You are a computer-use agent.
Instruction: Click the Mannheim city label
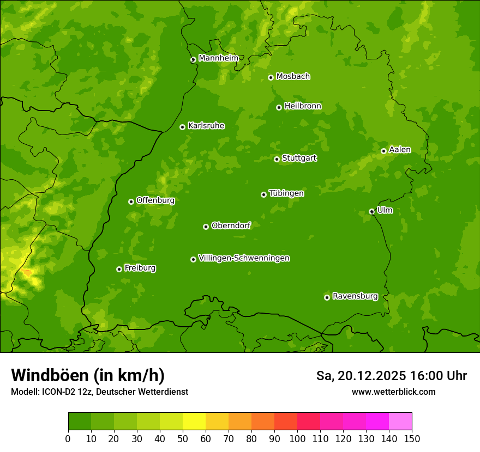click(x=218, y=58)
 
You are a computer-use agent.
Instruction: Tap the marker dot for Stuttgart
click(x=277, y=159)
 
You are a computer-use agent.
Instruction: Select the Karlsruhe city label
click(x=206, y=126)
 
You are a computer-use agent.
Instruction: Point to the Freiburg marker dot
click(x=119, y=269)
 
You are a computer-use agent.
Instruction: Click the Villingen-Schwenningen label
click(x=244, y=258)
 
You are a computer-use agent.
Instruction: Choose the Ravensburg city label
click(x=355, y=296)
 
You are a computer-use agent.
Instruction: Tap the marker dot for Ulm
click(x=371, y=211)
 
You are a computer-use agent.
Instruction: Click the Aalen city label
click(x=400, y=150)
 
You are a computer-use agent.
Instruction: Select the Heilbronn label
click(x=303, y=106)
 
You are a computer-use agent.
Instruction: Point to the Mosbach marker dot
click(x=271, y=77)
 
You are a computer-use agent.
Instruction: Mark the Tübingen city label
click(x=286, y=193)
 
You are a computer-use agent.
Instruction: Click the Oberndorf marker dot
click(x=206, y=227)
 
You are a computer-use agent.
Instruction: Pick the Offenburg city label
click(x=155, y=200)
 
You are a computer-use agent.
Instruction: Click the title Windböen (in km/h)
click(x=87, y=375)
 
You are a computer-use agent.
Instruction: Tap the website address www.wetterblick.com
click(x=393, y=392)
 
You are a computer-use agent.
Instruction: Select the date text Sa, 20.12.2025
click(x=361, y=376)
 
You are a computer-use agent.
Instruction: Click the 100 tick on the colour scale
click(x=297, y=438)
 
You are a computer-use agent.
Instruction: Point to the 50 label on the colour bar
click(x=183, y=438)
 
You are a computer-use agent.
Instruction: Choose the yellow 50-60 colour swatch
click(x=194, y=421)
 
